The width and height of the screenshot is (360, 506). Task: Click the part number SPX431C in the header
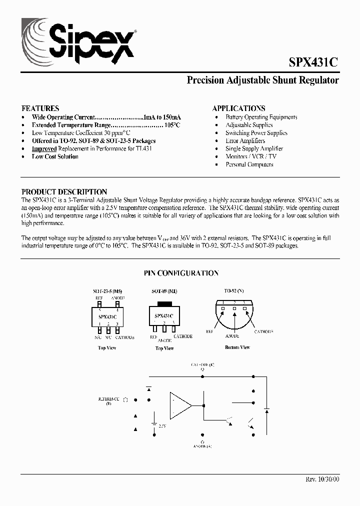click(313, 62)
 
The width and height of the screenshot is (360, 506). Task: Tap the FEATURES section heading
click(40, 108)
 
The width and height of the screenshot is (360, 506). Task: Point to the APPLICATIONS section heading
click(238, 108)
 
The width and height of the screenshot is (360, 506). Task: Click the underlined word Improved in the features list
click(44, 149)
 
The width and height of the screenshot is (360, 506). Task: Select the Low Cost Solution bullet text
click(55, 157)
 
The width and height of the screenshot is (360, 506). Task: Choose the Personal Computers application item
click(249, 164)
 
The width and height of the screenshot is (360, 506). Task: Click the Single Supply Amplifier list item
click(254, 148)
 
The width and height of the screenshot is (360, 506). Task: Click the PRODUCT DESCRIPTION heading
click(64, 192)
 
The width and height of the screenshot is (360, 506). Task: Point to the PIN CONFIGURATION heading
click(181, 273)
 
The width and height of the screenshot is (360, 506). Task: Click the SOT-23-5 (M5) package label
click(107, 291)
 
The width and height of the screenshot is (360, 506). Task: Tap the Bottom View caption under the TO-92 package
click(237, 347)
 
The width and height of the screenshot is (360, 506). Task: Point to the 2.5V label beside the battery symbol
click(162, 425)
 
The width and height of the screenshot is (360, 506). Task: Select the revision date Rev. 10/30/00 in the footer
click(322, 479)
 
